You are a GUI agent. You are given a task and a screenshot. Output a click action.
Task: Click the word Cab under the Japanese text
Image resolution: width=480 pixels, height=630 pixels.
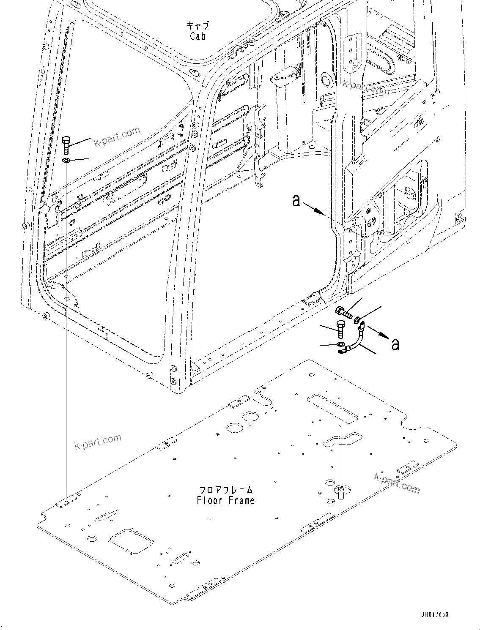[x=197, y=36]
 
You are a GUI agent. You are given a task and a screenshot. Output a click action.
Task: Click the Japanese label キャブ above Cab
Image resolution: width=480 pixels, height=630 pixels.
[x=198, y=25]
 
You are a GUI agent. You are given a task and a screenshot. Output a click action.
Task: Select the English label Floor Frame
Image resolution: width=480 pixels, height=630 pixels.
[x=226, y=500]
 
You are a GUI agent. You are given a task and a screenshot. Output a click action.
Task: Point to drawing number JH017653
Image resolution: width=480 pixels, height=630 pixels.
[x=434, y=614]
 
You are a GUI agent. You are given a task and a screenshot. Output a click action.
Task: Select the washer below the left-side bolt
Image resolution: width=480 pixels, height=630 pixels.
[x=66, y=161]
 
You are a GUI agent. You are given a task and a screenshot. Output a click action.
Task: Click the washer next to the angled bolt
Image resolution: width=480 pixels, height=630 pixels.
[x=359, y=318]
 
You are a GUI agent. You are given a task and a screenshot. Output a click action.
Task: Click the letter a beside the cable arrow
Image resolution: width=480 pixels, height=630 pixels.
[x=395, y=344]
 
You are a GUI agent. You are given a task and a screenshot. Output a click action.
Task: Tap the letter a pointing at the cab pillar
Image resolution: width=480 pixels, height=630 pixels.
[x=296, y=201]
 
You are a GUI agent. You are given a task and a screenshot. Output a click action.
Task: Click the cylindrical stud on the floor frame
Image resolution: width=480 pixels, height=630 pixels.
[x=341, y=492]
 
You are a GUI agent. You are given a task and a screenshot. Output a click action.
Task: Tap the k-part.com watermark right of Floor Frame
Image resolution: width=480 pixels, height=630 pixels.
[x=397, y=482]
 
